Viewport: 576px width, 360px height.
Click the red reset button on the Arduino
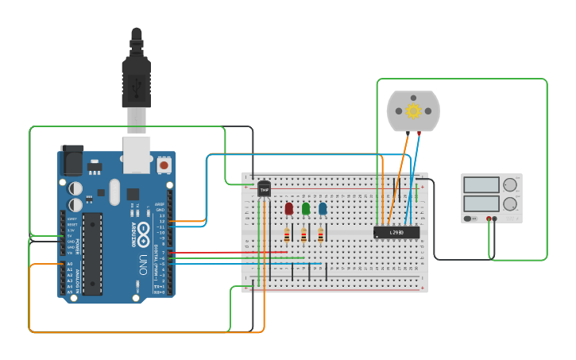click(x=164, y=165)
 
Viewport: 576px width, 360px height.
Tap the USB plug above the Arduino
click(x=136, y=79)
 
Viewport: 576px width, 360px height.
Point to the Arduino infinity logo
click(x=143, y=234)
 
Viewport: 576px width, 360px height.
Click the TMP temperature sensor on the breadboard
click(x=264, y=189)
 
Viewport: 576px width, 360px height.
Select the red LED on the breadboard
click(x=288, y=209)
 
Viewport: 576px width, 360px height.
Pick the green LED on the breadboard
click(x=305, y=209)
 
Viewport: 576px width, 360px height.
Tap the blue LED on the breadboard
click(x=322, y=209)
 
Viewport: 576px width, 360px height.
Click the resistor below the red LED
click(x=288, y=234)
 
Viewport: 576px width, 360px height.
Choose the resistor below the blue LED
click(x=321, y=234)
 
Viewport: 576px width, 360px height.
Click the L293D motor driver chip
click(x=396, y=232)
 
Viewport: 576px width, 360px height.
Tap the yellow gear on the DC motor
click(x=412, y=110)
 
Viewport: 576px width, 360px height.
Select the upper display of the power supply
click(x=480, y=185)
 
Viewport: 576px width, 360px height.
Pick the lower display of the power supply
click(x=480, y=203)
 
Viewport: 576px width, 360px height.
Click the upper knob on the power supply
click(x=509, y=185)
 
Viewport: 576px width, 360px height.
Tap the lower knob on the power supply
click(x=509, y=203)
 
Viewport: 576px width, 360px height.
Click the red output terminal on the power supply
click(x=494, y=219)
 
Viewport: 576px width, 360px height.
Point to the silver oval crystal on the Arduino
click(x=114, y=191)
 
